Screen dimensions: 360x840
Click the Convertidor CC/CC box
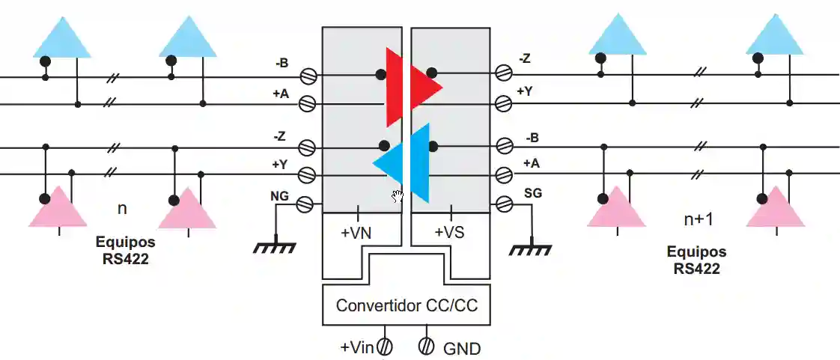[406, 305]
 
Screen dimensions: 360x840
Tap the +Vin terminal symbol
[385, 347]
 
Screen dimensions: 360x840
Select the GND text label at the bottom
[462, 349]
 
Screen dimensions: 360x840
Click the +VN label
[356, 233]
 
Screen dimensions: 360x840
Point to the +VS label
[449, 233]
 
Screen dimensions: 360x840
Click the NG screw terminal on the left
[306, 204]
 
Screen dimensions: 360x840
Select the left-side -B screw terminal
[306, 76]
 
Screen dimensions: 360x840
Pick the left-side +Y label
[279, 165]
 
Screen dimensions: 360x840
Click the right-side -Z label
[527, 59]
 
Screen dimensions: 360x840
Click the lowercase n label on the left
[122, 207]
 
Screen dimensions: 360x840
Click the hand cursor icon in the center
[398, 196]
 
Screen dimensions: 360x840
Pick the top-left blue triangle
[61, 37]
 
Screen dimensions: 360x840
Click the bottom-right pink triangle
[776, 207]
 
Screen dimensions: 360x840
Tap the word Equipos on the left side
[125, 242]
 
